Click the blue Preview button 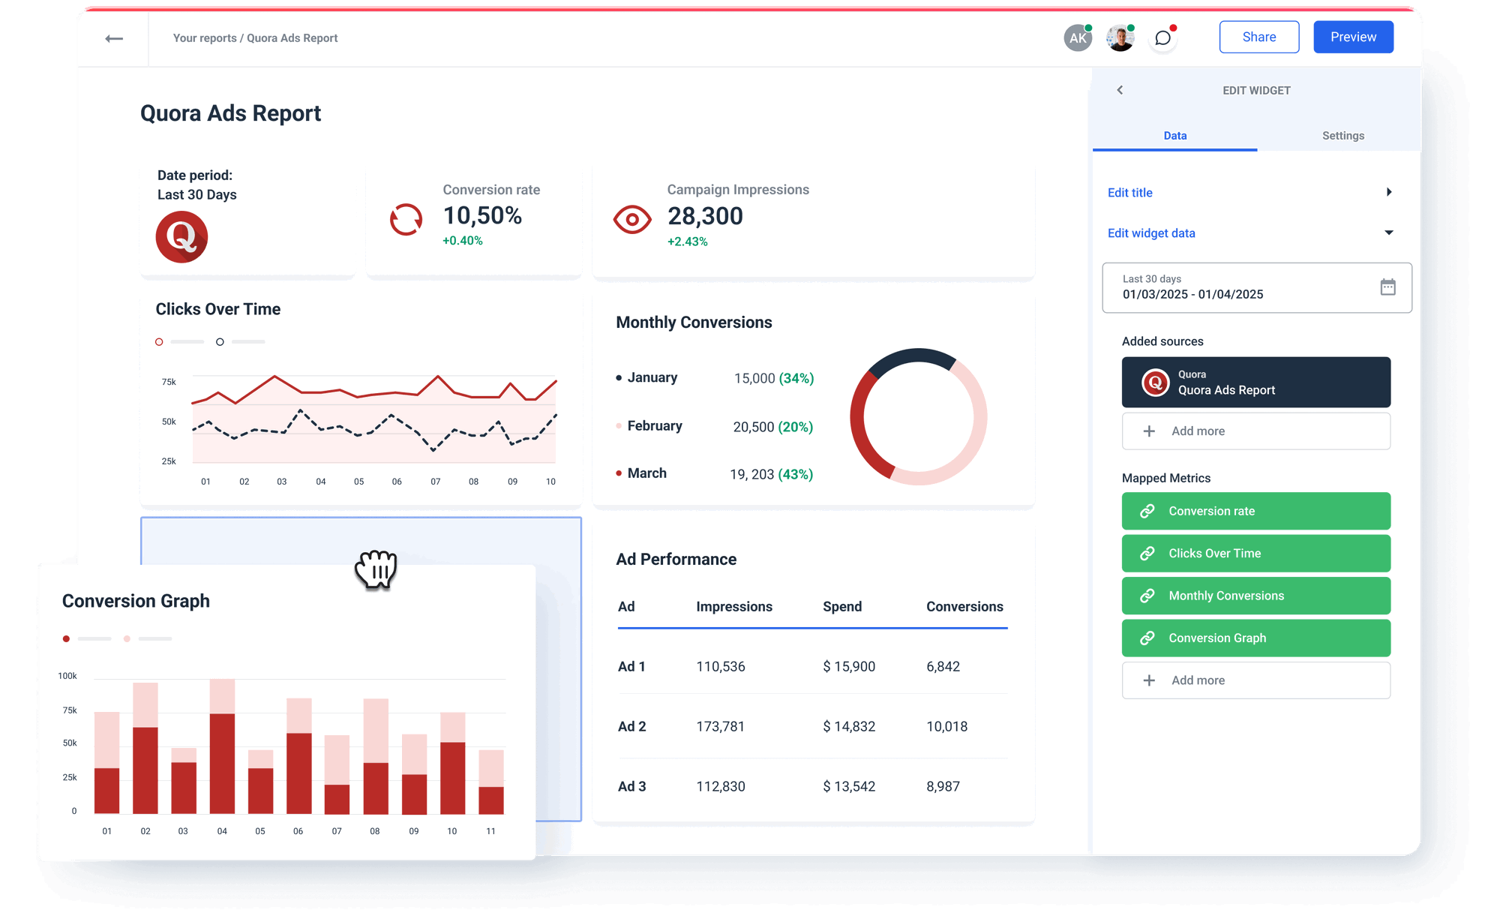coord(1353,37)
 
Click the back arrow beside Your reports coord(114,38)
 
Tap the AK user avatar coord(1078,38)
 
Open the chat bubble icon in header coord(1162,38)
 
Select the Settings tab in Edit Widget coord(1342,136)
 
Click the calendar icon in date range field coord(1387,287)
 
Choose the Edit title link coord(1130,193)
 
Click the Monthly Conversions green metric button coord(1255,596)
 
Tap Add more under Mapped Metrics coord(1255,680)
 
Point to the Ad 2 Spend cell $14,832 coord(849,726)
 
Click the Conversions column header coord(964,606)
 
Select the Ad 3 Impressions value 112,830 coord(721,786)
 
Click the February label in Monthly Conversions coord(655,426)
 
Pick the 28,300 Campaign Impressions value coord(705,216)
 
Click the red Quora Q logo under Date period coord(181,237)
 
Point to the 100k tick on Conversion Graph coord(67,676)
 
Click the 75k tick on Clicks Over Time coord(169,382)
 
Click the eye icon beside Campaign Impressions coord(632,220)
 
